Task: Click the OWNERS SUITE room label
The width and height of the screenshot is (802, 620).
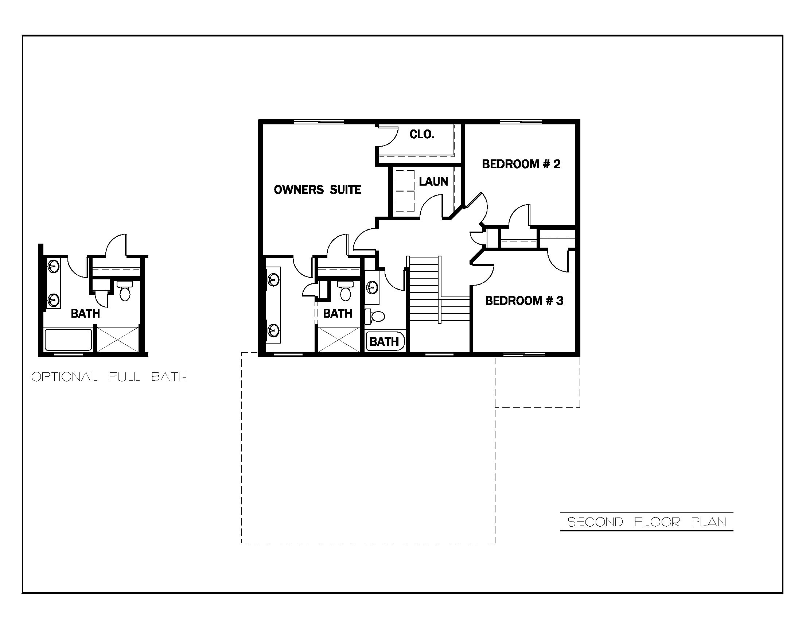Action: (317, 190)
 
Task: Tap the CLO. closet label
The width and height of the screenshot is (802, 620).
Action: (422, 135)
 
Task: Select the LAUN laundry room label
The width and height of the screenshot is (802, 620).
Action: (433, 181)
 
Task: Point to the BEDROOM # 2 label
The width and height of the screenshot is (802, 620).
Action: (521, 164)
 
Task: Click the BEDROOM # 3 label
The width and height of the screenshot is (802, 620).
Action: (524, 301)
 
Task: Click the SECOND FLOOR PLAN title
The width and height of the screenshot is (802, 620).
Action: (647, 522)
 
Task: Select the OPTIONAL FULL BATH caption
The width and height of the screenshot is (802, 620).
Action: (109, 377)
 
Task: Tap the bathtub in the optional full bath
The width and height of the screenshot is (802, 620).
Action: (68, 340)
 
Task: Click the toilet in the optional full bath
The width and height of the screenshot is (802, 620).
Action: (125, 292)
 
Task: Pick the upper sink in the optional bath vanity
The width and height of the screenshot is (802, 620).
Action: (54, 266)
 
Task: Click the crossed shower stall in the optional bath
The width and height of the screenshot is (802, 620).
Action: (118, 340)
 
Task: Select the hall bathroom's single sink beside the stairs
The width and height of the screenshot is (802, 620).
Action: (371, 287)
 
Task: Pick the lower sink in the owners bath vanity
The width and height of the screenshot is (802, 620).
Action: (272, 329)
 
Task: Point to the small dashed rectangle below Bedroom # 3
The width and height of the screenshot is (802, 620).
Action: (537, 381)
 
